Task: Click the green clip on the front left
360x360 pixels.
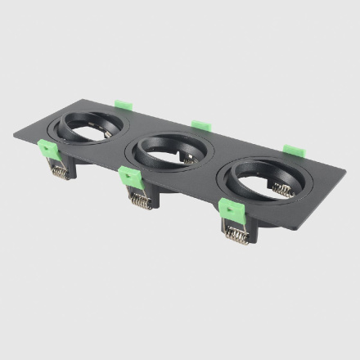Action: [x=47, y=151]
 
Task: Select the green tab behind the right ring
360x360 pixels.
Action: [x=291, y=151]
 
